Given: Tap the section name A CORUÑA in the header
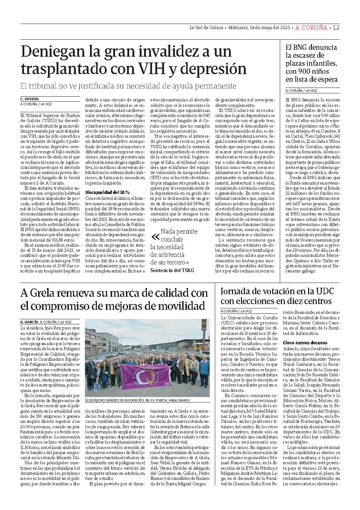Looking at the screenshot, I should [312, 28].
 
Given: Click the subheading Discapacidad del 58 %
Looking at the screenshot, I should [107, 192].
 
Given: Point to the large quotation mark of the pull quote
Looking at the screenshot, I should [155, 237].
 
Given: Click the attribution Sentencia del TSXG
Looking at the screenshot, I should [172, 270].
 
